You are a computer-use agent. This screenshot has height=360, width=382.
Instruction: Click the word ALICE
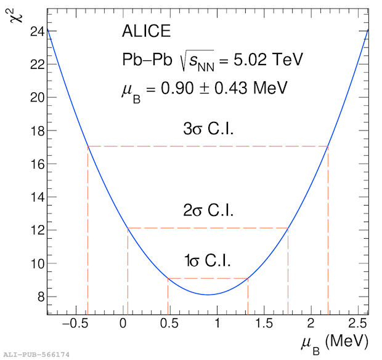(146, 31)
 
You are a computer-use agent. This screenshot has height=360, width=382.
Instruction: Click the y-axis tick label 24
(37, 31)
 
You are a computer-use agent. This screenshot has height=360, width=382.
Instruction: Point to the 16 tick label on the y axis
(38, 164)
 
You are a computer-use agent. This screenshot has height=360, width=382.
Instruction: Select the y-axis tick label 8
(41, 297)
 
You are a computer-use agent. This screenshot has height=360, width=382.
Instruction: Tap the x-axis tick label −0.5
(75, 324)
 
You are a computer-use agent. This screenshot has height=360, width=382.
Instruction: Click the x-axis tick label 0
(123, 324)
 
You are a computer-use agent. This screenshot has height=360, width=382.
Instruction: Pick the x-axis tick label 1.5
(264, 324)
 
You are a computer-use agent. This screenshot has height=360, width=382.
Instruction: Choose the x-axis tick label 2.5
(357, 324)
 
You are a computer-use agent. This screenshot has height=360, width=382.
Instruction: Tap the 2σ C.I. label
(208, 210)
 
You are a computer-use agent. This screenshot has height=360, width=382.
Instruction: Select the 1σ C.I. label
(207, 260)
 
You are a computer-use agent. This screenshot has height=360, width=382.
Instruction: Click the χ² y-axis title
(16, 15)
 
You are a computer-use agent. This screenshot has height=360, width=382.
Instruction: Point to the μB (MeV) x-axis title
(335, 343)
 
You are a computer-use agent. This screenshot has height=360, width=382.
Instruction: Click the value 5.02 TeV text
(268, 59)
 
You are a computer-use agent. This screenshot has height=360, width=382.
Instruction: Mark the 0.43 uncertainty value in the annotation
(230, 87)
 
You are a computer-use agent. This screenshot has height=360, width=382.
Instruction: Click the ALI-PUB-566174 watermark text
(36, 354)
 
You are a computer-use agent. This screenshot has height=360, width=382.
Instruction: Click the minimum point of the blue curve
(208, 295)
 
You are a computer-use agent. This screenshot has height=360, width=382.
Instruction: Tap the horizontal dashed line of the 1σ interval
(208, 278)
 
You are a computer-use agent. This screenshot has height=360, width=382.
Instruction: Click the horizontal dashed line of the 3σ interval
(208, 146)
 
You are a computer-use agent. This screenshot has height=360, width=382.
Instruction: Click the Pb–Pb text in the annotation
(147, 60)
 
